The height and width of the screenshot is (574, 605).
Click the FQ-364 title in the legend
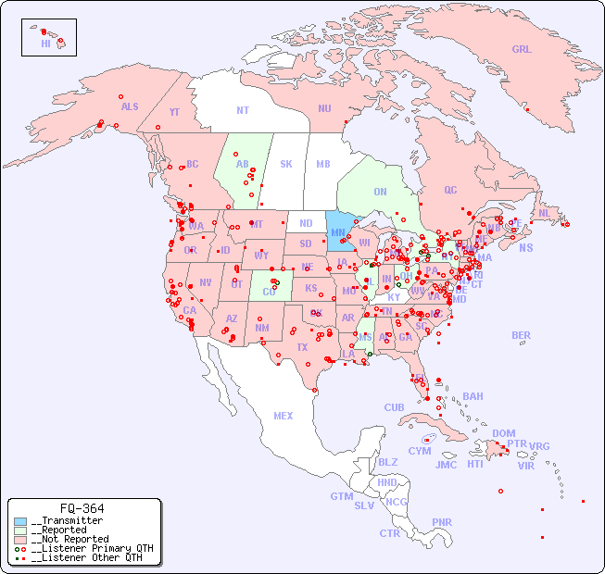pos(82,508)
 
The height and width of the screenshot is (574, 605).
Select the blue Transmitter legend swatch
pos(20,521)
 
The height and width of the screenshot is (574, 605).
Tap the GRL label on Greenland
pos(522,50)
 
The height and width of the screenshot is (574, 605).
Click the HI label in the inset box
pos(45,44)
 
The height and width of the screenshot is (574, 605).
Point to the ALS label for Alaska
pos(130,106)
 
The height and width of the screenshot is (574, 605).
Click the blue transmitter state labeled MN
pos(338,232)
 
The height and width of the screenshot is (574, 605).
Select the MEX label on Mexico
pos(284,416)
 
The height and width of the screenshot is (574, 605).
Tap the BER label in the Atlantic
pos(522,335)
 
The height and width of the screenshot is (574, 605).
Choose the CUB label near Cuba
pos(395,407)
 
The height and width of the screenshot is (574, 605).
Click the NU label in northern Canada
pos(324,108)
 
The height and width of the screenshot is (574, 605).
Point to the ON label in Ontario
pos(380,192)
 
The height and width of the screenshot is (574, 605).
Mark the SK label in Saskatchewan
pos(286,164)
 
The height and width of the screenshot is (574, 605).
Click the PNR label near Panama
pos(442,522)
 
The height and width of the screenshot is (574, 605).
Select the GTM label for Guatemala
pos(342,496)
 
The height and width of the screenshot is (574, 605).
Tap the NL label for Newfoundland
pos(545,213)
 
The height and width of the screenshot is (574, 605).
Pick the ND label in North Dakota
pos(305,224)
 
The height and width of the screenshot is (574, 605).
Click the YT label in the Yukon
pos(174,112)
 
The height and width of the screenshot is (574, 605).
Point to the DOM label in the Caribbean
pos(503,433)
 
